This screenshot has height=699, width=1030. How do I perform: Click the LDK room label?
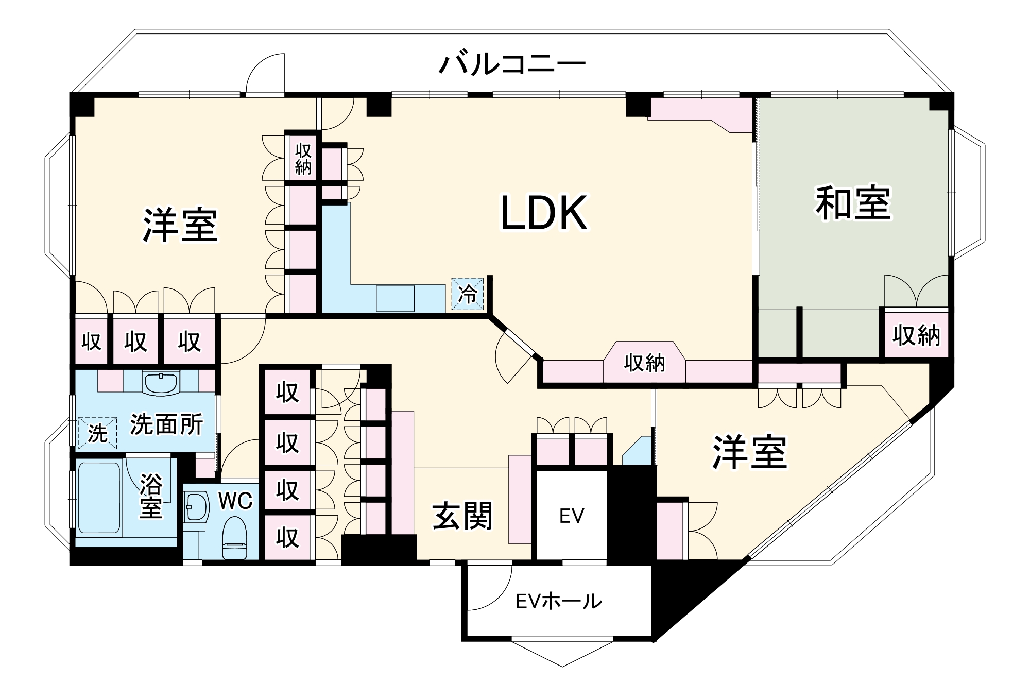pos(544,213)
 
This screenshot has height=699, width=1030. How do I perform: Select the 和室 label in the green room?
pos(852,204)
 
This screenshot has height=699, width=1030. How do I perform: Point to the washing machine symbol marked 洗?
pos(97,433)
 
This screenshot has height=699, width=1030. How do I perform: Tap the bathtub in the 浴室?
pos(99,498)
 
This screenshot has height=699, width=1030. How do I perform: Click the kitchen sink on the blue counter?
pos(395,298)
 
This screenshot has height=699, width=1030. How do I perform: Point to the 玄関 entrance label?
pos(462,516)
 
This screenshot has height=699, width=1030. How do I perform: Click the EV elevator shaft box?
pos(572,515)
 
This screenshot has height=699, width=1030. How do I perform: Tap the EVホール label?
pos(559,601)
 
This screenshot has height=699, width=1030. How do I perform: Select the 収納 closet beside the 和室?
pos(916,335)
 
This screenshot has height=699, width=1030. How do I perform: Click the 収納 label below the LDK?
pos(644,363)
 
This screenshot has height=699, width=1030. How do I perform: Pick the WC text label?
pos(235,500)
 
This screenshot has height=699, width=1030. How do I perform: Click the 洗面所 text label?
pos(166,424)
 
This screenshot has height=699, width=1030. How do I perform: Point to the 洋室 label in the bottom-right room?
pos(749,452)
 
